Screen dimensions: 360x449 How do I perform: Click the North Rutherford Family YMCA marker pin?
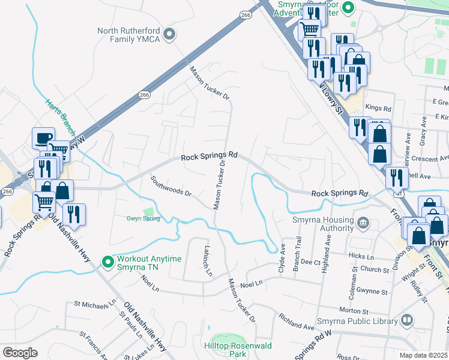pyautogui.click(x=169, y=34)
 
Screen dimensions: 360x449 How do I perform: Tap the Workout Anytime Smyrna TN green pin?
pyautogui.click(x=107, y=262)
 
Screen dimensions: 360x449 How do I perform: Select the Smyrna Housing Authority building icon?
pyautogui.click(x=364, y=224)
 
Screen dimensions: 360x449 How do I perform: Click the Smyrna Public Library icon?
pyautogui.click(x=408, y=320)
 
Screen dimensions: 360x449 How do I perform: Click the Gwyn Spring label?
pyautogui.click(x=143, y=218)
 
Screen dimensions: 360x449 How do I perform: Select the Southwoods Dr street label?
pyautogui.click(x=171, y=186)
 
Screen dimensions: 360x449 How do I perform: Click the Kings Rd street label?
pyautogui.click(x=378, y=109)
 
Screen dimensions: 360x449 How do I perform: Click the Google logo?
pyautogui.click(x=19, y=353)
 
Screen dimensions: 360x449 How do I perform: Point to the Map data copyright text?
pyautogui.click(x=424, y=355)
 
